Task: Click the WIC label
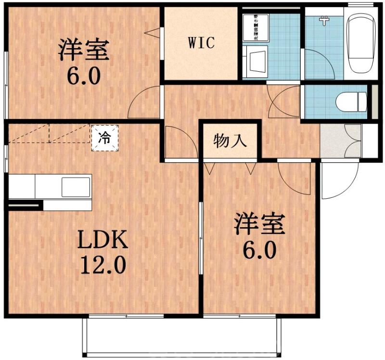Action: pos(201,43)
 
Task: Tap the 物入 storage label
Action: pos(231,141)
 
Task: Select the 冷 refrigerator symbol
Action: pos(104,138)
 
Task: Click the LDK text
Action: pos(103,239)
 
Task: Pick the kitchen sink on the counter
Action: pos(75,186)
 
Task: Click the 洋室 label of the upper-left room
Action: pos(84,51)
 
